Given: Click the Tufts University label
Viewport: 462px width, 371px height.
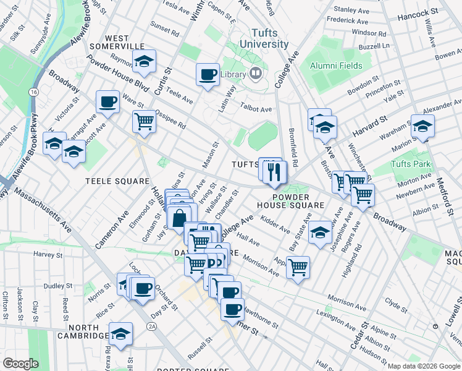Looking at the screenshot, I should pos(269,38).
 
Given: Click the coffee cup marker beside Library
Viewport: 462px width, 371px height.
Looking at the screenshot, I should pos(208,75).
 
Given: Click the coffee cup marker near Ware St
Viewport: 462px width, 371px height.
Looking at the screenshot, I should pos(107,101).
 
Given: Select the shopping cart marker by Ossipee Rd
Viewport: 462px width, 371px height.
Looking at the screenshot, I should pos(144,121).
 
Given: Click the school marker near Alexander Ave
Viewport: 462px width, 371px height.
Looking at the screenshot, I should pos(423,127).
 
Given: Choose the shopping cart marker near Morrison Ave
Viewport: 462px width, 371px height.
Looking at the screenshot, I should pos(298,267).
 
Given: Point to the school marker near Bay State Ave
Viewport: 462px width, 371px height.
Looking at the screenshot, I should pos(320,232).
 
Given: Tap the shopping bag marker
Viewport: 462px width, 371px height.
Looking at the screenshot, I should pos(178,218).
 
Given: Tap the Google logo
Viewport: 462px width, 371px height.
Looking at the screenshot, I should pos(21,364).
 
